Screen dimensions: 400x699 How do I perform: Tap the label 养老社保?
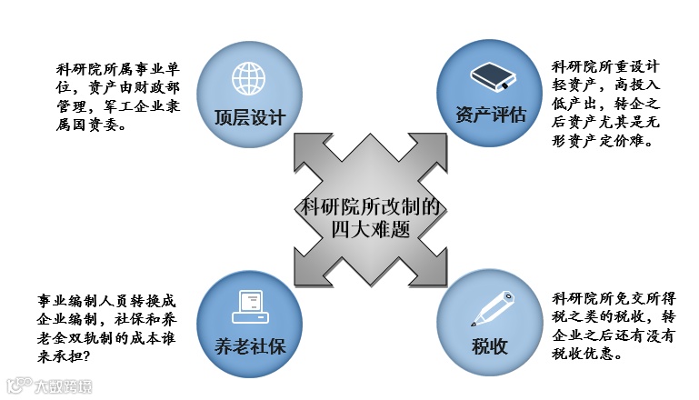(x=250, y=345)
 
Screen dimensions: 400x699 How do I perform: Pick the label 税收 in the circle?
(x=490, y=346)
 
